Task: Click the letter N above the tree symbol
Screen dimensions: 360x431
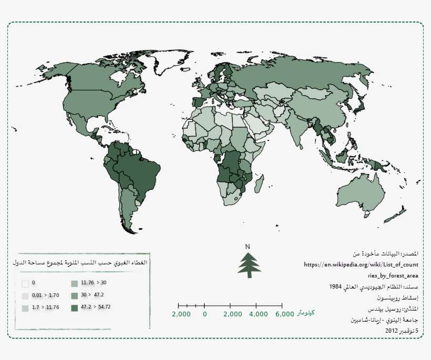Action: pyautogui.click(x=248, y=246)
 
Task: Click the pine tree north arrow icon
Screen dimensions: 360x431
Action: pyautogui.click(x=249, y=264)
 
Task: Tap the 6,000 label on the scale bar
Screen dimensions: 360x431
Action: pyautogui.click(x=284, y=314)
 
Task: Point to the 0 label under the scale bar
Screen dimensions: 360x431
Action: pyautogui.click(x=204, y=314)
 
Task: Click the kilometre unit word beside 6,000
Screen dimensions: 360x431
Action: pyautogui.click(x=306, y=313)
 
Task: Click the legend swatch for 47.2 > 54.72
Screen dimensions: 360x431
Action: pyautogui.click(x=74, y=307)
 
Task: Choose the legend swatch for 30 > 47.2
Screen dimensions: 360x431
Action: pyautogui.click(x=74, y=295)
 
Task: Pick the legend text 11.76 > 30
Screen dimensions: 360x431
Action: pyautogui.click(x=94, y=283)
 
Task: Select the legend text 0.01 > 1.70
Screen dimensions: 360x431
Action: pyautogui.click(x=45, y=295)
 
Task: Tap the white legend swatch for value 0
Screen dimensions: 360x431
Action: pyautogui.click(x=25, y=283)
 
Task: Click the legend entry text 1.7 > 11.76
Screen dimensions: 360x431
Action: pyautogui.click(x=45, y=307)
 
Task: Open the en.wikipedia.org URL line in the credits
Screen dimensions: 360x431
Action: pyautogui.click(x=361, y=264)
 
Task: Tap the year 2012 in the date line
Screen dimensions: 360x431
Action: pyautogui.click(x=392, y=331)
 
